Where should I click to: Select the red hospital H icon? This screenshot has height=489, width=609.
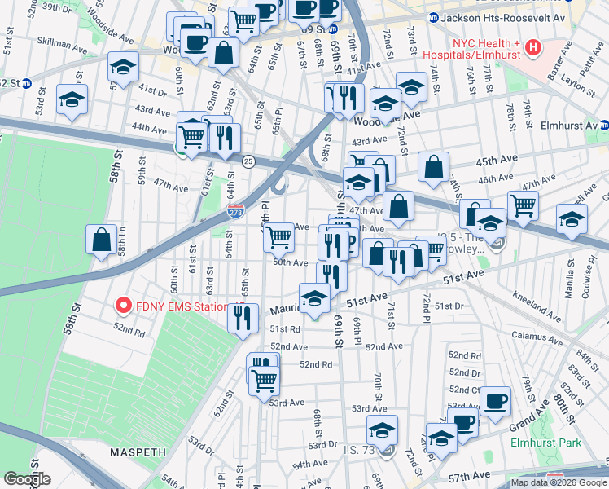pyautogui.click(x=533, y=48)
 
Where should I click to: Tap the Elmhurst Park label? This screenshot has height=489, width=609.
pyautogui.click(x=557, y=443)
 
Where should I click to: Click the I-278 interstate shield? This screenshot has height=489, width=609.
pyautogui.click(x=234, y=210)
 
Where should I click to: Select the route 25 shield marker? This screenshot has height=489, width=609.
pyautogui.click(x=248, y=161)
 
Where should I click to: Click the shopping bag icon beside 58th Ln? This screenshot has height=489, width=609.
pyautogui.click(x=101, y=240)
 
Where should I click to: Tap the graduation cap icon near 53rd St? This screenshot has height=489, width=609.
pyautogui.click(x=72, y=100)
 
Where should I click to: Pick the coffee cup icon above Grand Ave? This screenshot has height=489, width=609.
pyautogui.click(x=494, y=401)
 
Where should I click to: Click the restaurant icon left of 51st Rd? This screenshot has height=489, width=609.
pyautogui.click(x=240, y=317)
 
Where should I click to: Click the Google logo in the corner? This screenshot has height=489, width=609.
pyautogui.click(x=27, y=479)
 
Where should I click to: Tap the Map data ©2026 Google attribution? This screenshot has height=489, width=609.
pyautogui.click(x=559, y=482)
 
